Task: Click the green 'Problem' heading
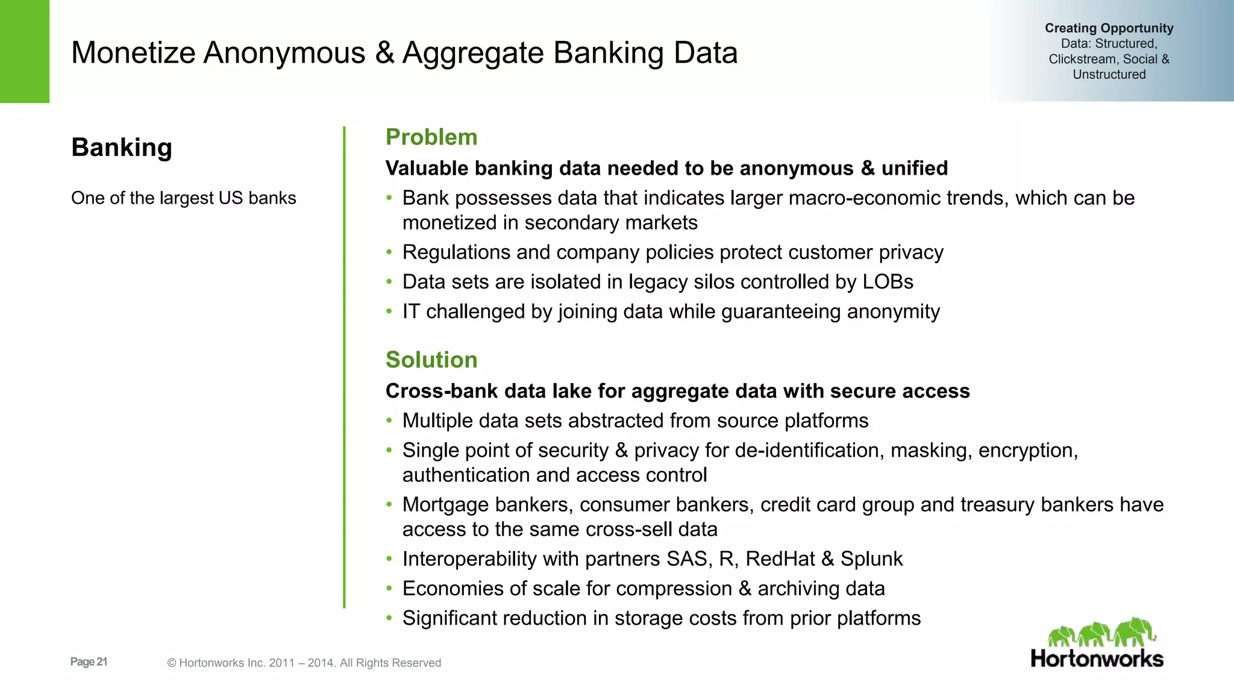tap(431, 137)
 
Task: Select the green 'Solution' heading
tap(431, 360)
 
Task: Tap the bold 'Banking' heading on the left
tap(122, 148)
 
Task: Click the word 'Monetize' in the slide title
tap(133, 53)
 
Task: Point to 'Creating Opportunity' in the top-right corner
tap(1109, 28)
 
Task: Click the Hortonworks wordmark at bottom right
tap(1097, 658)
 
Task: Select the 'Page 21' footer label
tap(89, 662)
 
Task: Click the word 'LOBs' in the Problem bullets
tap(888, 282)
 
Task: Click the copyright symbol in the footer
tap(172, 663)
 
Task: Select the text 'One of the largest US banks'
tap(184, 198)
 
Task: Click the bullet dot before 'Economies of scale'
tap(389, 589)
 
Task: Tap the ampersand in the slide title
tap(384, 53)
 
